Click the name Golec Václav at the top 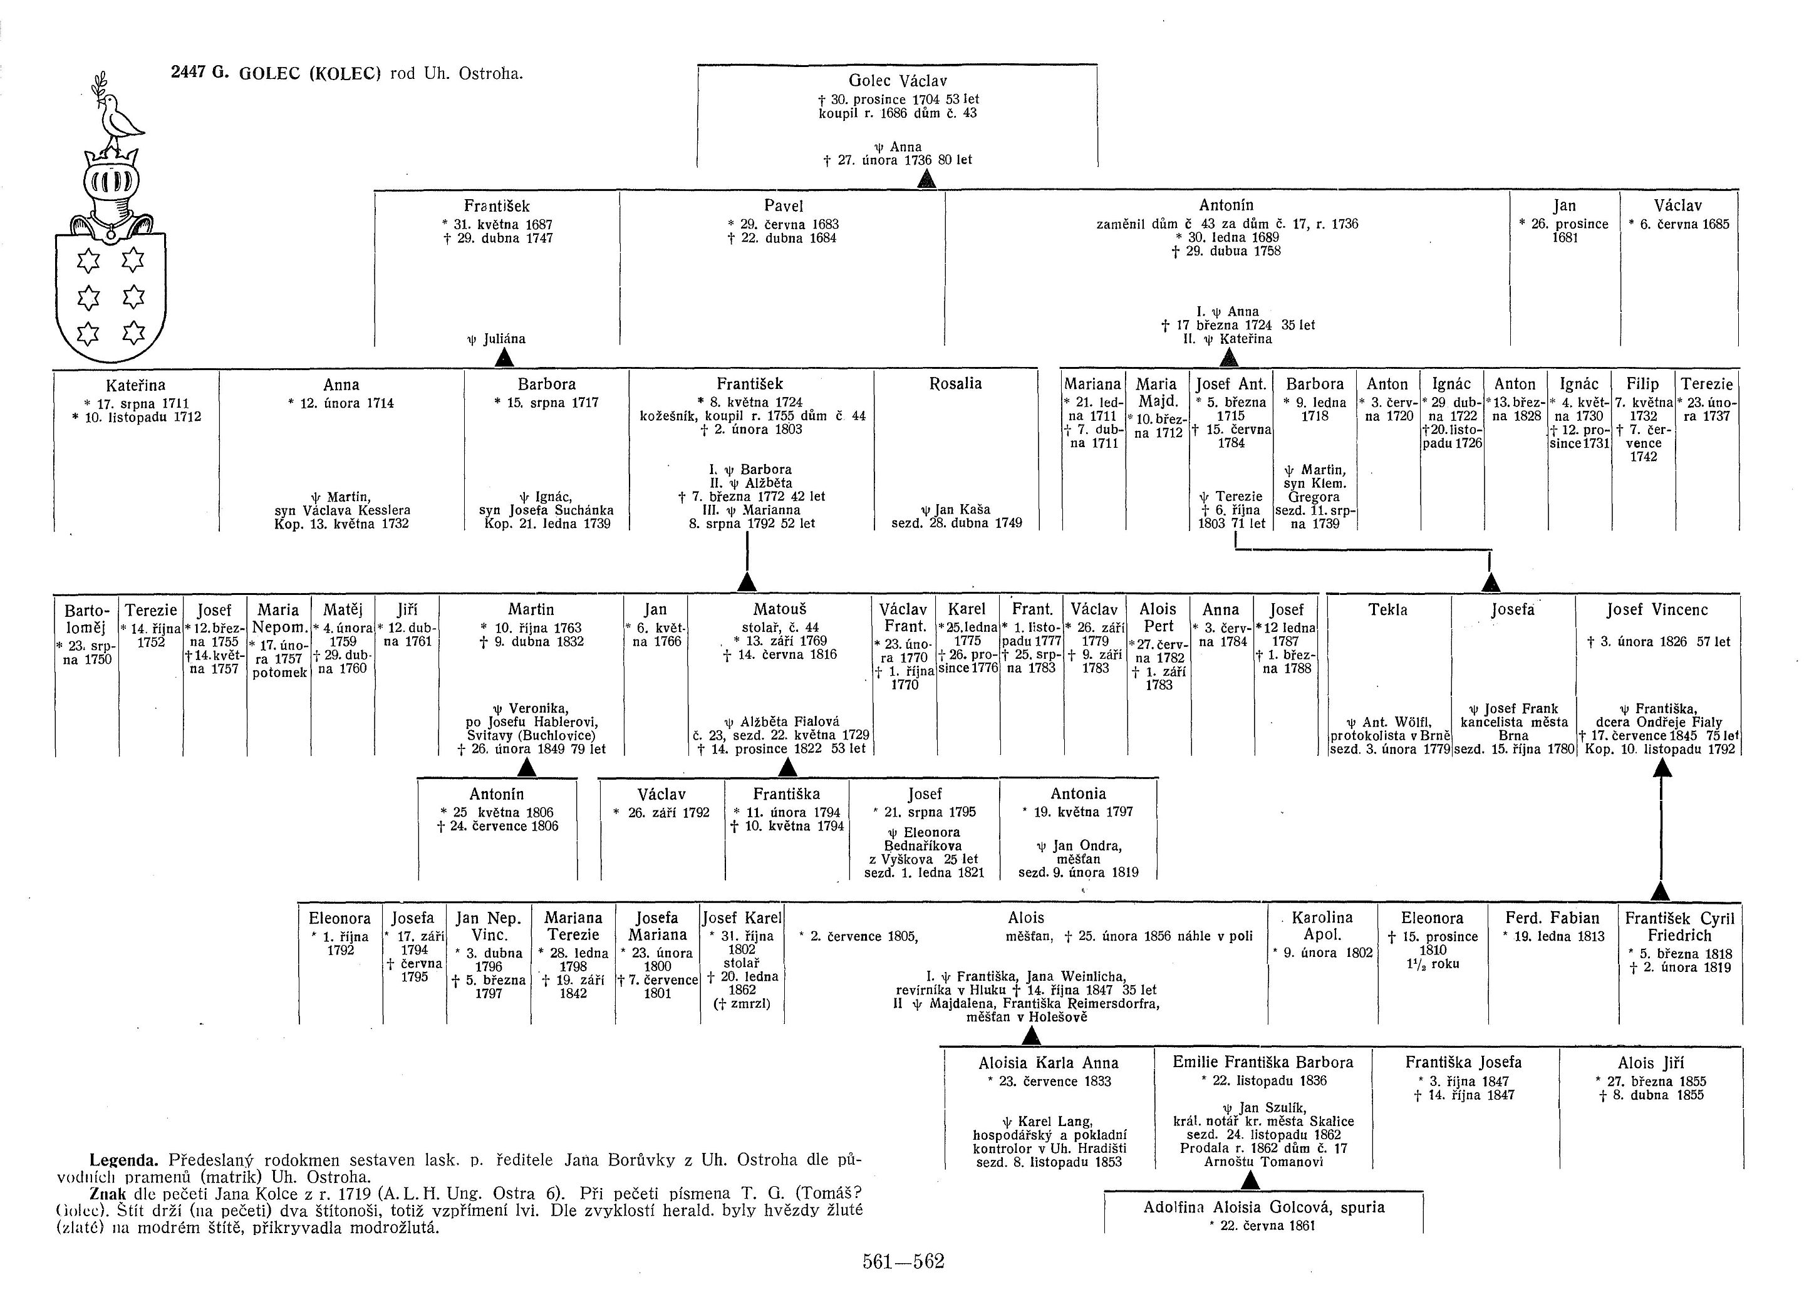[898, 81]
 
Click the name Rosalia [955, 383]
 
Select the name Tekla [1388, 610]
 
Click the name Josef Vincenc [1657, 610]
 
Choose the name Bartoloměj [85, 619]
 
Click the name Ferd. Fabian [1552, 918]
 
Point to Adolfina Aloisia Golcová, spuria [1263, 1207]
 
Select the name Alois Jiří [1651, 1063]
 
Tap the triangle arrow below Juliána [503, 359]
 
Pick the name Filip [1642, 383]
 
